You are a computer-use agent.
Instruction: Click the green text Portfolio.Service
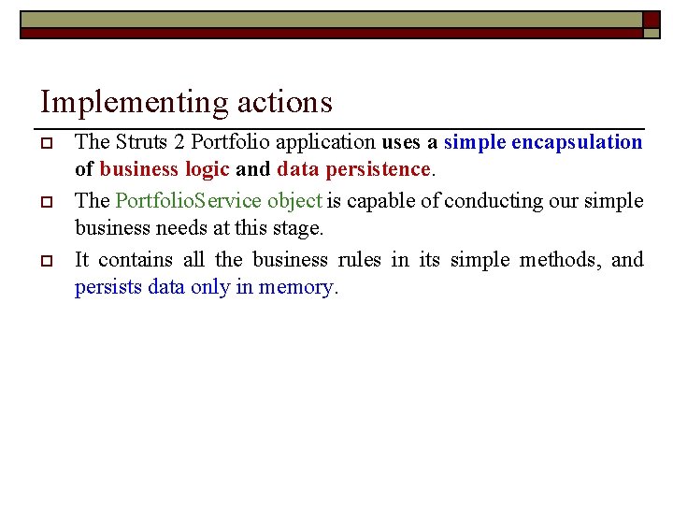[189, 200]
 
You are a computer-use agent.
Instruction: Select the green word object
[295, 200]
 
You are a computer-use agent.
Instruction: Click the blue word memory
[294, 287]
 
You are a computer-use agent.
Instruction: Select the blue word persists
[107, 287]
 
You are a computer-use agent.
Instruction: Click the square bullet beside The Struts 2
[45, 143]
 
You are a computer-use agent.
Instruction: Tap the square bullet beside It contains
[45, 260]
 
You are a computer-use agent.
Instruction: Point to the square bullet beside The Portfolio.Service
[45, 201]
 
